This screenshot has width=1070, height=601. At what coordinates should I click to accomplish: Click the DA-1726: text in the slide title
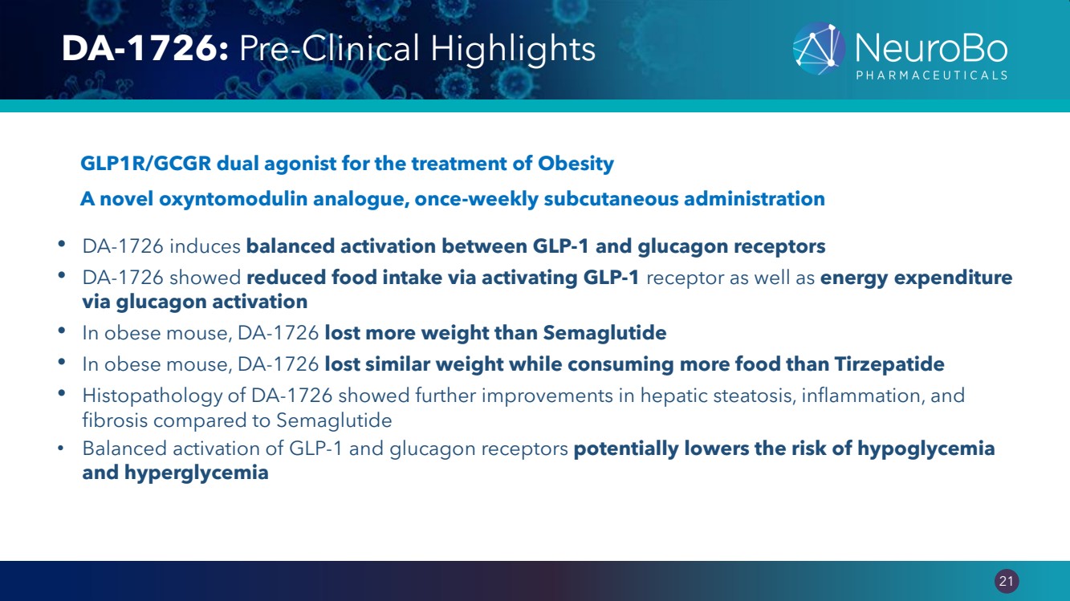tap(145, 48)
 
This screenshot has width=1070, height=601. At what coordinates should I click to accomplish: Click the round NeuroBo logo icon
tap(819, 48)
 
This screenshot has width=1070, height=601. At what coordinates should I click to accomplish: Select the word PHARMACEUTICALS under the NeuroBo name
tap(931, 75)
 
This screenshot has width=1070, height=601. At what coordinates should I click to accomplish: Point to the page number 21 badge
tap(1007, 580)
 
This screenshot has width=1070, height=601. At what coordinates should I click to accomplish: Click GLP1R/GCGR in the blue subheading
tap(146, 163)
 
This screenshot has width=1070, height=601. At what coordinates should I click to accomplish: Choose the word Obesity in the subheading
tap(576, 164)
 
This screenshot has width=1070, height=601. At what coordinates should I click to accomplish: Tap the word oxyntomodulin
tap(233, 199)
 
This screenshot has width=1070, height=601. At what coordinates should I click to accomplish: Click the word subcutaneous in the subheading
tap(611, 198)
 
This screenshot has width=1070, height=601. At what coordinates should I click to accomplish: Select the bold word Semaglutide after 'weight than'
tap(604, 333)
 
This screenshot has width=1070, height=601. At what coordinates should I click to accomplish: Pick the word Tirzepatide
tap(889, 364)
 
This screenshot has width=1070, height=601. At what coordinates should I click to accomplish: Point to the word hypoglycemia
tap(926, 449)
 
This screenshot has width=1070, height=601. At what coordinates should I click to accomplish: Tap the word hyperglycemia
tap(197, 473)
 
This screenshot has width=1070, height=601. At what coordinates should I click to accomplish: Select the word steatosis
tap(755, 396)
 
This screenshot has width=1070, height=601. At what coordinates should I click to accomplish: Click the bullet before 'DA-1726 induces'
tap(61, 245)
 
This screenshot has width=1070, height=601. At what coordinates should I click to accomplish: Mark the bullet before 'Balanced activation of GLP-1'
tap(61, 449)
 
